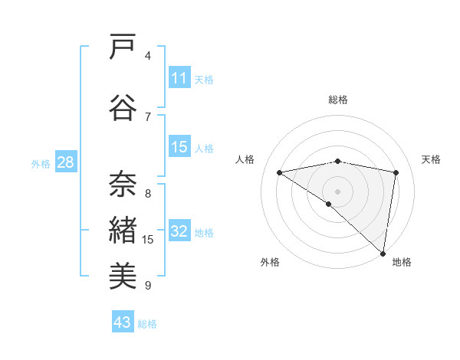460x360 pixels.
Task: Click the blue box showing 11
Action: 179,78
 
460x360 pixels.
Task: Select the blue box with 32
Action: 179,232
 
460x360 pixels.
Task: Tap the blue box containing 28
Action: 65,162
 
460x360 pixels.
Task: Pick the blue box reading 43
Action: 123,322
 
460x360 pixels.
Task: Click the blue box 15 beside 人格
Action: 179,147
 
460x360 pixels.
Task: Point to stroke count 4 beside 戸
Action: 148,55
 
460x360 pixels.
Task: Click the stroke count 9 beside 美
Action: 148,286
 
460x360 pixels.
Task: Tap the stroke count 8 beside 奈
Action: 148,193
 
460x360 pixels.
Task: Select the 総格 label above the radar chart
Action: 338,100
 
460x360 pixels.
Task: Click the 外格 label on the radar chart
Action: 270,263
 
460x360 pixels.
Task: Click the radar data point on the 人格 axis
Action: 280,172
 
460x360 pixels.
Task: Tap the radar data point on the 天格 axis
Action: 396,172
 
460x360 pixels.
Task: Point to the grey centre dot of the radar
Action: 337,191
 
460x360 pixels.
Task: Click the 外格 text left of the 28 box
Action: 40,163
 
